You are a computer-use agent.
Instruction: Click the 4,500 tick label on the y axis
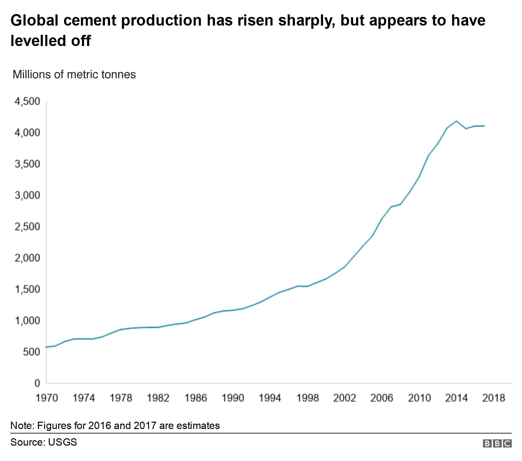pos(27,101)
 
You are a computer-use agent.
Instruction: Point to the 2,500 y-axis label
pos(27,227)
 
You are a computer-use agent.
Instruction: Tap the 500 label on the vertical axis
pos(32,352)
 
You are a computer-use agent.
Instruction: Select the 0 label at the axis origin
pos(37,383)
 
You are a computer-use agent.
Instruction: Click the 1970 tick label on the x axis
pos(47,398)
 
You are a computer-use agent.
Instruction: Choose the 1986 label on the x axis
pos(196,398)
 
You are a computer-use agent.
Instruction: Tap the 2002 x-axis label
pos(344,398)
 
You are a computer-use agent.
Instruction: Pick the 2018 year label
pos(494,398)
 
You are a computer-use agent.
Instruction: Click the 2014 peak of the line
pos(456,121)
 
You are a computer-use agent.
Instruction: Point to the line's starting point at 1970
pos(47,347)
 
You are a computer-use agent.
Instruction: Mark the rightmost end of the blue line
pos(484,126)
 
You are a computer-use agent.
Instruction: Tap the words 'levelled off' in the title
pos(51,41)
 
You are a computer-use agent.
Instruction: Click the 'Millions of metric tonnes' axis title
pos(74,74)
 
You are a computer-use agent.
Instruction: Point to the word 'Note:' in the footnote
pos(22,426)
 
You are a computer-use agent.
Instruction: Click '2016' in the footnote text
pos(99,426)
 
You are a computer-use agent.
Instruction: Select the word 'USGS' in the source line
pos(62,442)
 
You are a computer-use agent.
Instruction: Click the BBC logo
pos(497,443)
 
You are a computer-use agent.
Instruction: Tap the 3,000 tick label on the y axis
pos(27,195)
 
